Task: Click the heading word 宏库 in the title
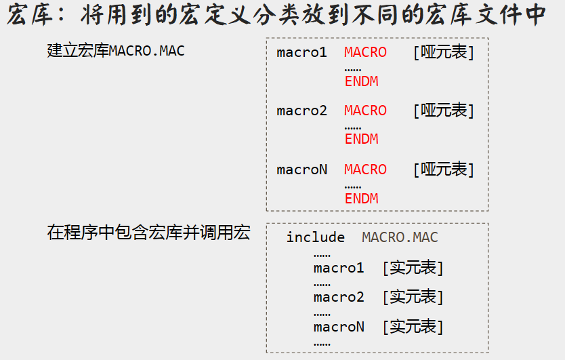(34, 15)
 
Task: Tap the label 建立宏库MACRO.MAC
(116, 51)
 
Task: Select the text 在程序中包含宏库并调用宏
(148, 233)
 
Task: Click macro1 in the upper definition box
(302, 52)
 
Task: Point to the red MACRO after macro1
(365, 52)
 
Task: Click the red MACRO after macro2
(365, 111)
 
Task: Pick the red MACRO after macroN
(365, 169)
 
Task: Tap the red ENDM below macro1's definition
(361, 81)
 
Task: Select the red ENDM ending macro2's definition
(361, 139)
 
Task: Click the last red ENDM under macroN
(361, 199)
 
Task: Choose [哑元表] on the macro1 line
(444, 52)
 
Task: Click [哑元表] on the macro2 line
(444, 111)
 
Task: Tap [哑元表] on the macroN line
(444, 169)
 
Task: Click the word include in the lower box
(315, 237)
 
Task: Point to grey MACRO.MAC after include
(400, 237)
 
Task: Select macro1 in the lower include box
(339, 268)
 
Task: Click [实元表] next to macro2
(413, 297)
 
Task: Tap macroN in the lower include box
(339, 327)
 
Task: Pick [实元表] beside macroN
(413, 327)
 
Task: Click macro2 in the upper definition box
(302, 111)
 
